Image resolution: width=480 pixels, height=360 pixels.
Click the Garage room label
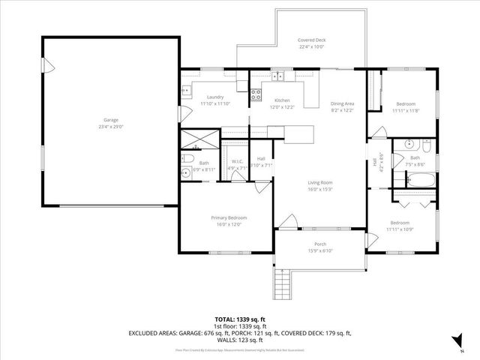point(110,120)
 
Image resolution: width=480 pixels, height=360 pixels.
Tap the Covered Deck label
point(311,40)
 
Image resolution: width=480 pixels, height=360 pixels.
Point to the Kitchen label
point(282,100)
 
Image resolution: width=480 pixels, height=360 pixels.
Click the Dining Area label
point(342,103)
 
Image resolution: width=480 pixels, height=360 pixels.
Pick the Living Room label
point(320,182)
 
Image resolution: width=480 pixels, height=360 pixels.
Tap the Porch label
point(320,244)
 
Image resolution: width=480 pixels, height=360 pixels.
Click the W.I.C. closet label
point(237,161)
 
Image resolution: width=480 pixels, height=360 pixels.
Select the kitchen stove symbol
point(256,94)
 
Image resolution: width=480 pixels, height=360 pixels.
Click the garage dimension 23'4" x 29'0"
point(110,126)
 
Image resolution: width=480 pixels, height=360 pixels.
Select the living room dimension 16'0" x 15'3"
point(320,188)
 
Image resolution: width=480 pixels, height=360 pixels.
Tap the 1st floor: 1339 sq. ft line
point(239,325)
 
